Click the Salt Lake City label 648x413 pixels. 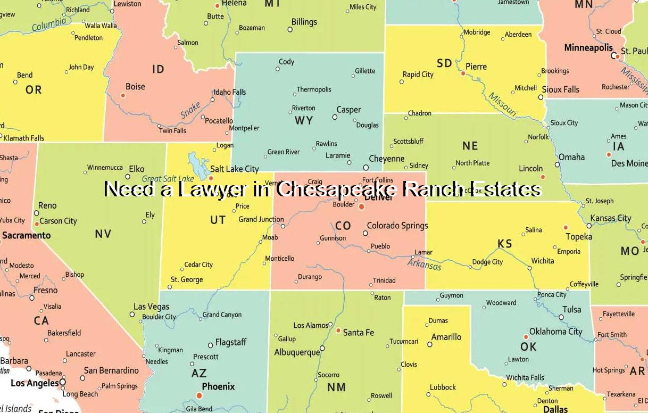234,169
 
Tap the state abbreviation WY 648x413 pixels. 304,121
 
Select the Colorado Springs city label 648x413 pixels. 397,226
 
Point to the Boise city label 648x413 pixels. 135,87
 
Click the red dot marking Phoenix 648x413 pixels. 199,395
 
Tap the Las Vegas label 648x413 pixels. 151,307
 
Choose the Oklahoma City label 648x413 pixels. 555,332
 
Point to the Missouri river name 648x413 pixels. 502,105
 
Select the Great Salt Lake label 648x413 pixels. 168,179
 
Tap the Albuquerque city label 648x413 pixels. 297,352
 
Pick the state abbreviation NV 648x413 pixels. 103,234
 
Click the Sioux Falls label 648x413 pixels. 560,89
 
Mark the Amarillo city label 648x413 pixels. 446,337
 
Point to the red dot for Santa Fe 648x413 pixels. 338,331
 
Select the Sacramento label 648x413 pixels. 26,235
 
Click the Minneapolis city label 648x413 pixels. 588,48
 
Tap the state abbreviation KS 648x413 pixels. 504,244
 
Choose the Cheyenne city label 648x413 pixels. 386,159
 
